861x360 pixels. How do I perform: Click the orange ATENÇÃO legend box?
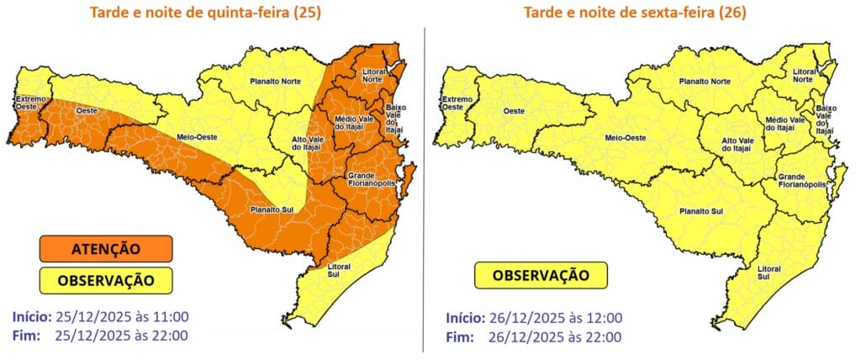105,248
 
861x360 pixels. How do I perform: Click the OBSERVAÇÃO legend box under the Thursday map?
105,278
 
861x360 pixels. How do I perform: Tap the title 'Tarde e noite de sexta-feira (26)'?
635,13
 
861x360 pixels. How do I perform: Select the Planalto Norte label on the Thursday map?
277,81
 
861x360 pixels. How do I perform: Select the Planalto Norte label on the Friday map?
704,82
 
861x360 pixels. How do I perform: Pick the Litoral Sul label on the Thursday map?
338,270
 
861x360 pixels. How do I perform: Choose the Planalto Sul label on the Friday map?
700,212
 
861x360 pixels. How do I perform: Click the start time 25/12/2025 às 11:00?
122,317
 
